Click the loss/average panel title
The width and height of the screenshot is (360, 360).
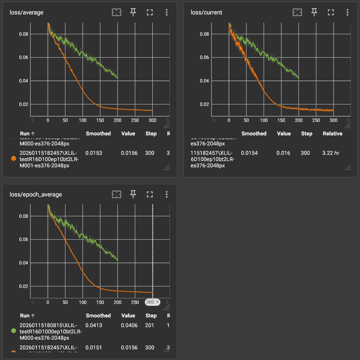click(x=27, y=13)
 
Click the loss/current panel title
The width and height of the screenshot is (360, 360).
click(x=206, y=13)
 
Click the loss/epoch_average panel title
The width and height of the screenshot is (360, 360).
click(x=36, y=195)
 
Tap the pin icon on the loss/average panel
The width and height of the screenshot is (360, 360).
click(x=133, y=12)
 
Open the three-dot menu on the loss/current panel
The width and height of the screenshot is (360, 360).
click(x=347, y=12)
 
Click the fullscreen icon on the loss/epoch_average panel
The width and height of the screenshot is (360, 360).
click(x=150, y=195)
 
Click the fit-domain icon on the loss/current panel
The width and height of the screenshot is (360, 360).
click(x=297, y=12)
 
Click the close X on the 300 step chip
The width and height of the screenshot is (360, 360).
click(x=157, y=302)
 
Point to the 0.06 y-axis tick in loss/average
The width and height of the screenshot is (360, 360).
click(x=23, y=57)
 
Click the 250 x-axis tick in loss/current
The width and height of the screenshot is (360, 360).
click(x=316, y=120)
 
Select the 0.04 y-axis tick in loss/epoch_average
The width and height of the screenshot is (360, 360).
click(x=23, y=263)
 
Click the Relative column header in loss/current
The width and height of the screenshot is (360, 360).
click(x=332, y=133)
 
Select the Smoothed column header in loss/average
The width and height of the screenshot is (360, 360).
click(x=98, y=133)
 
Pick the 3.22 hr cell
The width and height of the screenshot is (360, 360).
click(x=331, y=153)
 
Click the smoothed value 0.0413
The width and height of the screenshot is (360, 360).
click(x=94, y=325)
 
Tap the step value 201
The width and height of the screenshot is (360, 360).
click(x=149, y=325)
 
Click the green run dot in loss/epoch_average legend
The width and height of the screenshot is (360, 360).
click(x=13, y=331)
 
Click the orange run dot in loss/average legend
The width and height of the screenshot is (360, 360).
click(x=13, y=159)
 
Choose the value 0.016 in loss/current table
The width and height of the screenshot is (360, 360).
click(x=283, y=153)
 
